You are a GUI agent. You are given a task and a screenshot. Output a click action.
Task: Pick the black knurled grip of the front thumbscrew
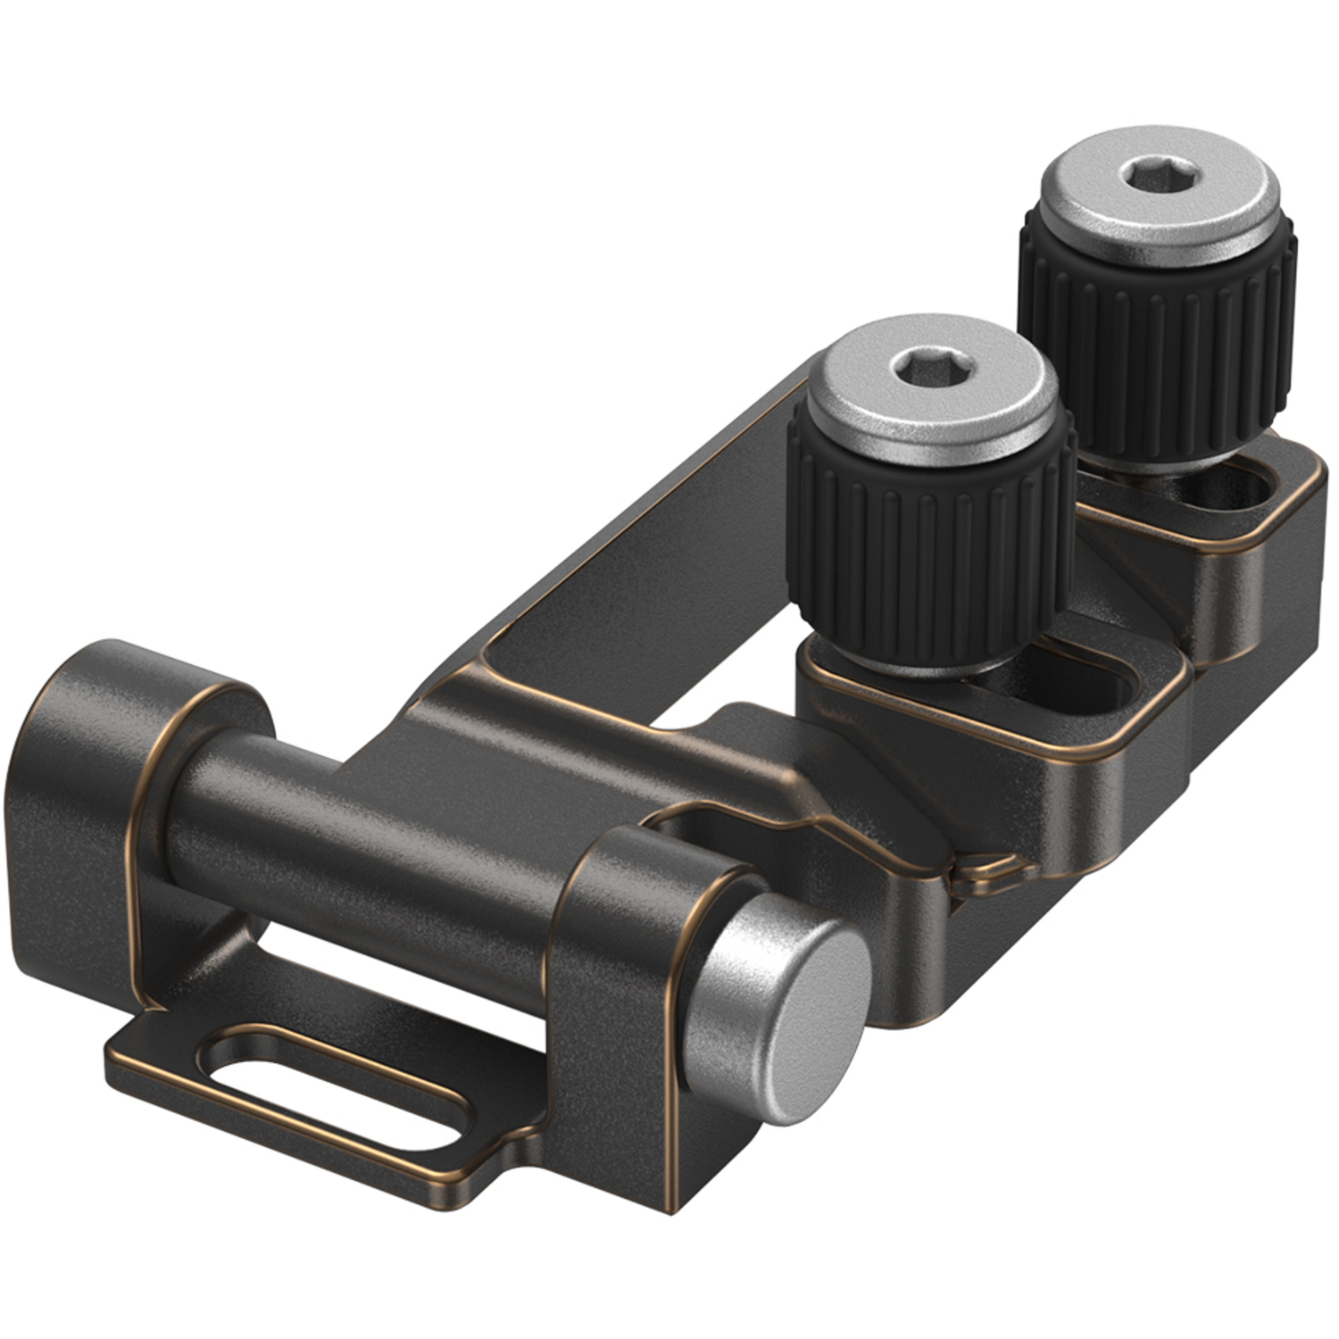928,545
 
